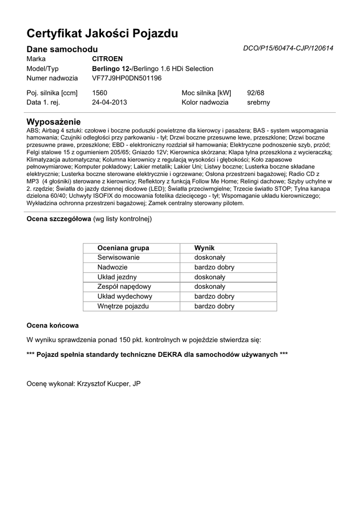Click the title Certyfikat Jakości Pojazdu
[102, 34]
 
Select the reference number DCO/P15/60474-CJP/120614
[288, 48]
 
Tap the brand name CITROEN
[107, 59]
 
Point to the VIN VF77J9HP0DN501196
[127, 78]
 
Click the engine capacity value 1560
[99, 92]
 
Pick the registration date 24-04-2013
[109, 102]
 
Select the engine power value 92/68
[256, 92]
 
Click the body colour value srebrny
[258, 102]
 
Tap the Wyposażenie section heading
[53, 122]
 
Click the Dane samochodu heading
[62, 49]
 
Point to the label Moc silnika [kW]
[206, 92]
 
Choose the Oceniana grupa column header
[123, 248]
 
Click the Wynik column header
[204, 248]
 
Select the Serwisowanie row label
[118, 257]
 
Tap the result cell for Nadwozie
[214, 267]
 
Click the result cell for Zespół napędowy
[210, 287]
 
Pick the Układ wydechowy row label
[125, 296]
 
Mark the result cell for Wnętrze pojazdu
[214, 306]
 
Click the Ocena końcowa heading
[52, 326]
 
